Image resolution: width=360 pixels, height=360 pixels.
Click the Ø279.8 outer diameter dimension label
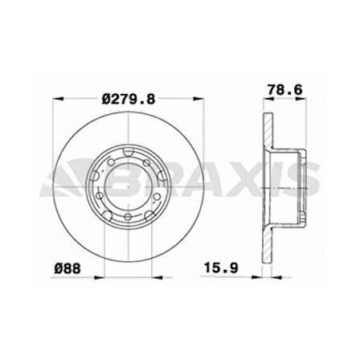point(129,100)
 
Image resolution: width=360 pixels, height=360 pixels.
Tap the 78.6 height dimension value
point(285,89)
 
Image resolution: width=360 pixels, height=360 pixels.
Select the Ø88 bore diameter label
point(67,268)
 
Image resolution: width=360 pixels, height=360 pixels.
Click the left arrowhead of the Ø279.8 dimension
point(58,99)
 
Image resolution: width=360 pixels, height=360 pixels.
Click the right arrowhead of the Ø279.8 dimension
point(199,99)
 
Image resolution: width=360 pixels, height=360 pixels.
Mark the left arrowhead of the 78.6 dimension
point(268,99)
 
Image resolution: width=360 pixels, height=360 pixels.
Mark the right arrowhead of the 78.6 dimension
point(301,99)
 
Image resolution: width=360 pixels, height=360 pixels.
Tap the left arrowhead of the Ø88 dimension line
point(98,277)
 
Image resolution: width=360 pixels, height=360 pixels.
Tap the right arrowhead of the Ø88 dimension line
point(157,277)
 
